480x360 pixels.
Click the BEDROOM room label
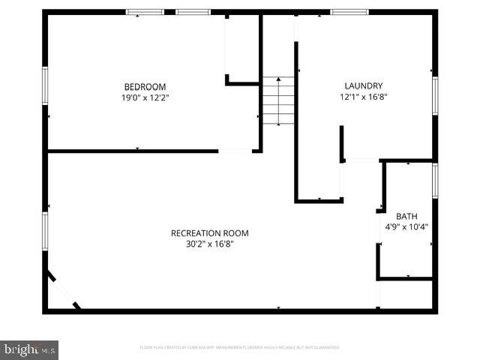[x=145, y=87]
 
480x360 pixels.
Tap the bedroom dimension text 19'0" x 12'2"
[x=145, y=97]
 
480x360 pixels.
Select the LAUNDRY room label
[x=363, y=86]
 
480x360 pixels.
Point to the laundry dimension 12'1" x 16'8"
[x=363, y=97]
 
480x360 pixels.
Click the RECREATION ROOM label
[x=209, y=233]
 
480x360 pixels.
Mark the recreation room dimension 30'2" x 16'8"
[x=209, y=244]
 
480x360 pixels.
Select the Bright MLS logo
[x=29, y=349]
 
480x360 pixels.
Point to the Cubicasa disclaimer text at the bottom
[x=240, y=348]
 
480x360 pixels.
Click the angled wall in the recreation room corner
[x=61, y=290]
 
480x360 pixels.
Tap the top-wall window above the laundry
[x=349, y=12]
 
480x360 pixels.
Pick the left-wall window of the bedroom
[x=45, y=86]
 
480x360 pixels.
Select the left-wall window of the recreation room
[x=45, y=231]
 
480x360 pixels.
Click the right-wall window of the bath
[x=435, y=181]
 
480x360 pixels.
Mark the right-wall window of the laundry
[x=435, y=96]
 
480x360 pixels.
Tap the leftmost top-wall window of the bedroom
[x=145, y=12]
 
